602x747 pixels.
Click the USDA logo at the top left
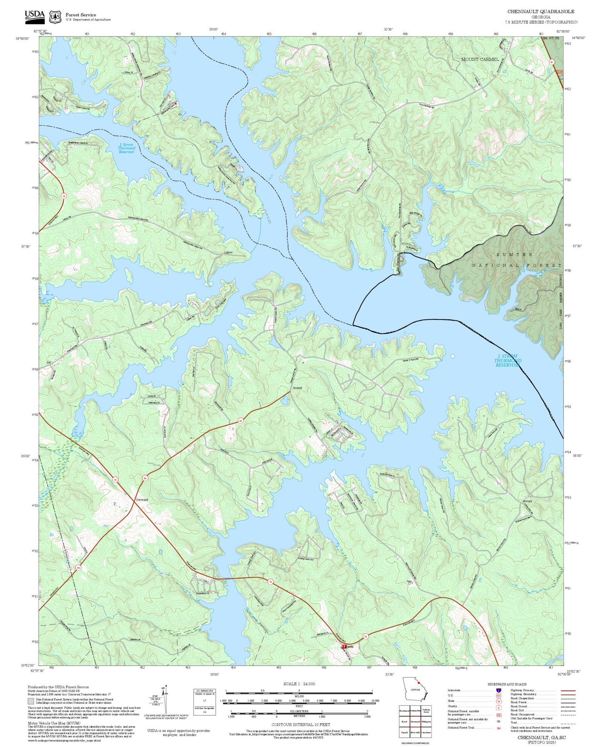(35, 16)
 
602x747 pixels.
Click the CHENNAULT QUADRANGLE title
(540, 12)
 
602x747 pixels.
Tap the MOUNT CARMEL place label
(480, 60)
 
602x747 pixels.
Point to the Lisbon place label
(228, 253)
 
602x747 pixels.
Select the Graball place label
(297, 388)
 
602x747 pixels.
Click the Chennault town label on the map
(142, 499)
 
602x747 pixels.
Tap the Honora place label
(527, 501)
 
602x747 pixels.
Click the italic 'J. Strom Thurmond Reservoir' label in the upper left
(126, 148)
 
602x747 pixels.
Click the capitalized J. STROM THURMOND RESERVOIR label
(507, 361)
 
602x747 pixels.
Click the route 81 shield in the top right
(552, 62)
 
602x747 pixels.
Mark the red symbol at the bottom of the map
(345, 647)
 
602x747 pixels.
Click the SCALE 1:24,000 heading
(299, 684)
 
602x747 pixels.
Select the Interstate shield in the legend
(498, 690)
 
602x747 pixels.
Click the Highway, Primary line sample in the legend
(567, 690)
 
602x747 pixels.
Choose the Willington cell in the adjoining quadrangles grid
(425, 722)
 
